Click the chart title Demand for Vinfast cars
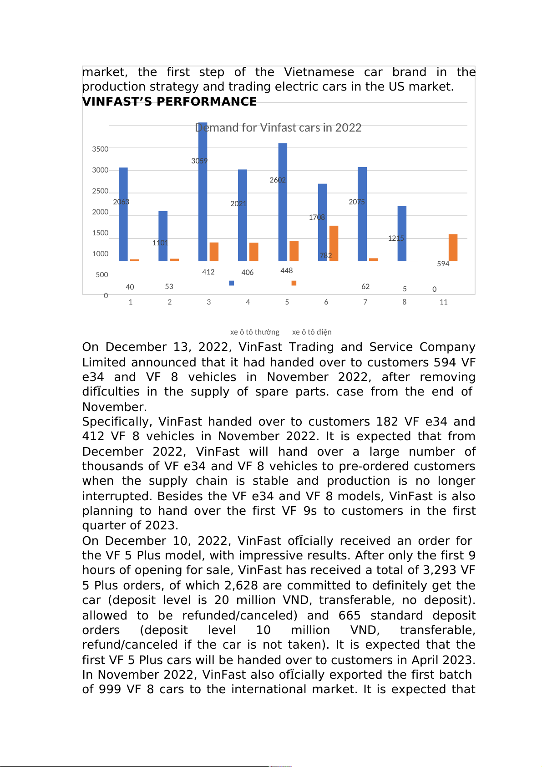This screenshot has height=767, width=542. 278,128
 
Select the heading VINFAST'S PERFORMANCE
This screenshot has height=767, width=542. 169,102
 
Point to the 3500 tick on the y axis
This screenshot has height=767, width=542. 100,149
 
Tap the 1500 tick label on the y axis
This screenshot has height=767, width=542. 100,233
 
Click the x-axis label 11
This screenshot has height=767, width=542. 443,302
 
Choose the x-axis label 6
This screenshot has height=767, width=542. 326,302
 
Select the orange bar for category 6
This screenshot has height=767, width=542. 334,243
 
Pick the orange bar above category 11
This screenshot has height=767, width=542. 453,247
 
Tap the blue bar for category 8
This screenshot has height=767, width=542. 402,233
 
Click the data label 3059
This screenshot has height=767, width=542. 199,161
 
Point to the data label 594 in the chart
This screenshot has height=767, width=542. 443,264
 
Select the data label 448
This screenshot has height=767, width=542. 286,271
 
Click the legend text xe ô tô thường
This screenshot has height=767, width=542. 254,332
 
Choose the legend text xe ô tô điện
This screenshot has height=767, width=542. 312,332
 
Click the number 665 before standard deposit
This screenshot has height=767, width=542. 349,615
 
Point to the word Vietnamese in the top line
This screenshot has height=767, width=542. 319,72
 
